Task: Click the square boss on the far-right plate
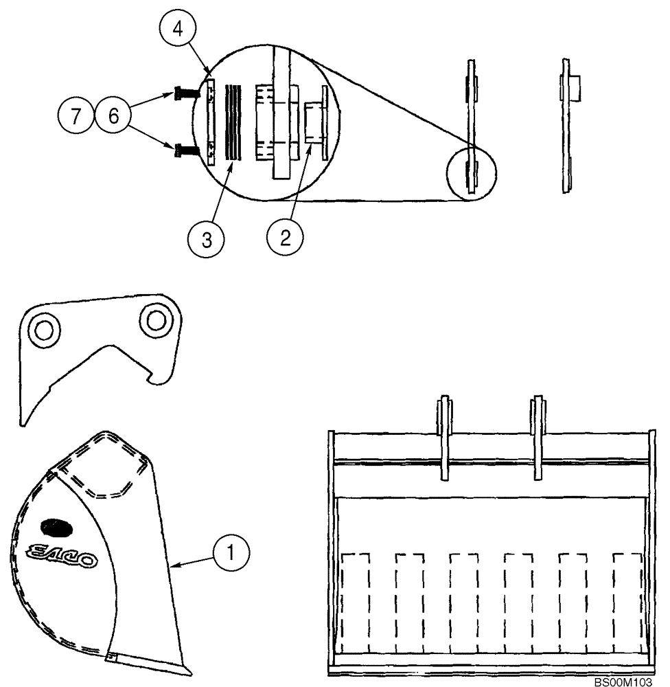click(x=572, y=87)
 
